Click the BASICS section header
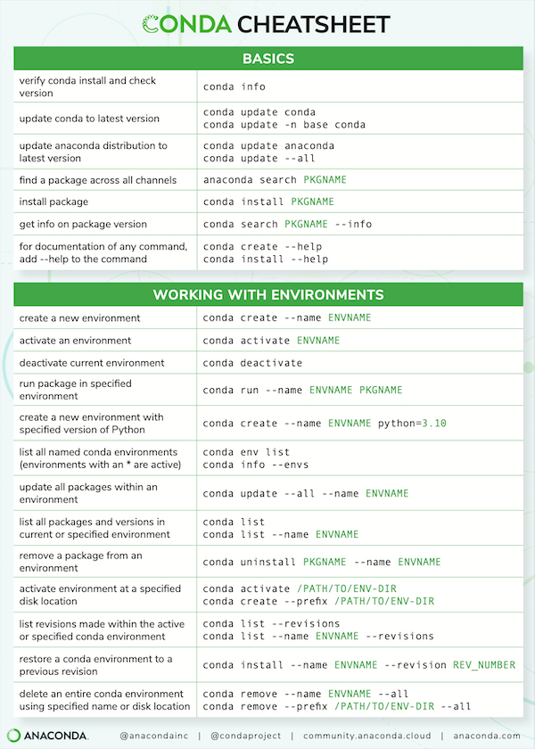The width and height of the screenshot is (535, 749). [x=267, y=59]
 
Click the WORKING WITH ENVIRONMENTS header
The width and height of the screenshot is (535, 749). [x=267, y=294]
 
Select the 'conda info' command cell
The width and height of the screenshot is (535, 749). [x=234, y=86]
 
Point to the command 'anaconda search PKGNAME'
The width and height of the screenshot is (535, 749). [x=275, y=179]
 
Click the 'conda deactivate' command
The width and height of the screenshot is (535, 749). [x=252, y=363]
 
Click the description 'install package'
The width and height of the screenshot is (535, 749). [x=55, y=202]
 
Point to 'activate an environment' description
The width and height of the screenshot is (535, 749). [x=75, y=341]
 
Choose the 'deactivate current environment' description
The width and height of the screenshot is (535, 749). [x=92, y=363]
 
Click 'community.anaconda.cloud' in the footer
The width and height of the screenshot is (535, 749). [x=367, y=735]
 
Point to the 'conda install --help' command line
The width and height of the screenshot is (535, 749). [x=265, y=259]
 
